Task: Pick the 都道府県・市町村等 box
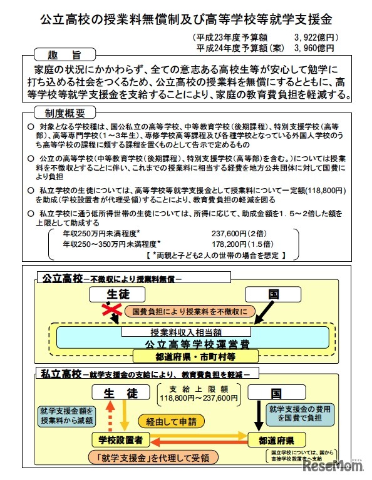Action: tap(195, 356)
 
